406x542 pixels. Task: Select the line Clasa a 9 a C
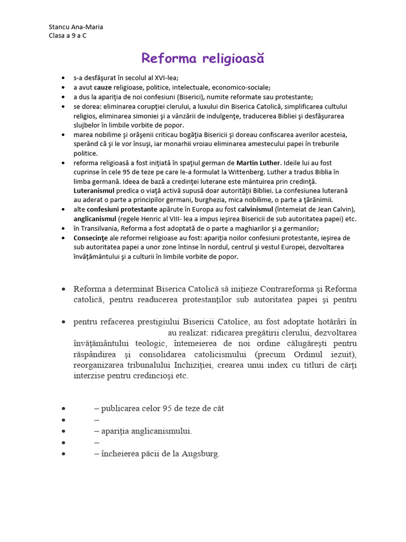[x=68, y=35]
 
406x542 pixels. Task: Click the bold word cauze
[x=103, y=87]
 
